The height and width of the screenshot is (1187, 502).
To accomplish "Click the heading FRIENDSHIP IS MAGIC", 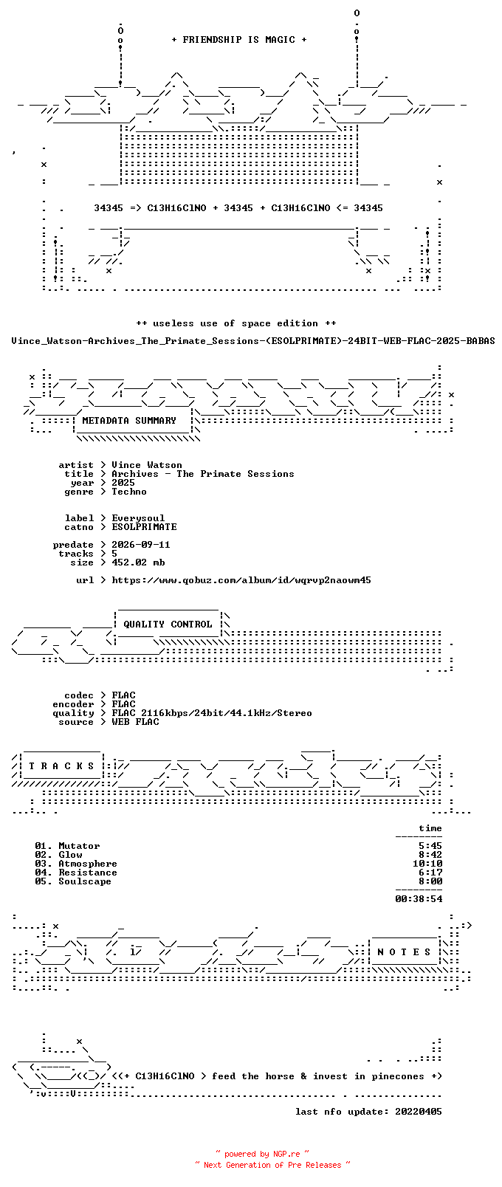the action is [x=239, y=40].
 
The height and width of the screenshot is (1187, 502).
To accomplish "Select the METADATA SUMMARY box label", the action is [x=128, y=421].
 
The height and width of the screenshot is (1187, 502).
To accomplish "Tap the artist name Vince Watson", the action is [x=147, y=465].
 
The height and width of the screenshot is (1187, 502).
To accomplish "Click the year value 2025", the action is [x=123, y=483].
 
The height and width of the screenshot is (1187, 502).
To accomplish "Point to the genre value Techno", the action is [x=128, y=492].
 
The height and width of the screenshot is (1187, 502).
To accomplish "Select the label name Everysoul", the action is [x=138, y=518].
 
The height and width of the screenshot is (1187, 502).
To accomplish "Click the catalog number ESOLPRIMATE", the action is [x=144, y=527].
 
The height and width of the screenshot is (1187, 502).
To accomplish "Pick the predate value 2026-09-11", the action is [x=140, y=545].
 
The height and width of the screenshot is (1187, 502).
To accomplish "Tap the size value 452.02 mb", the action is [x=138, y=562].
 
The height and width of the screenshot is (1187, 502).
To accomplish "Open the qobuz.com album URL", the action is [x=241, y=580].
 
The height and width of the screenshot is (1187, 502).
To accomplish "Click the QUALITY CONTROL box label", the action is [x=168, y=625].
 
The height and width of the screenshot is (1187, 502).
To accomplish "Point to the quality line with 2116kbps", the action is [x=212, y=713].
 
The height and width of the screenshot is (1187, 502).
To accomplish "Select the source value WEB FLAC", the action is [x=135, y=722].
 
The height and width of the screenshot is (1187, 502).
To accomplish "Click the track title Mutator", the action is [x=79, y=846].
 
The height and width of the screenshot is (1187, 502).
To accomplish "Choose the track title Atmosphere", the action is [x=87, y=864].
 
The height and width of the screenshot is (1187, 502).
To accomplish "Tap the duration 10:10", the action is [x=427, y=864].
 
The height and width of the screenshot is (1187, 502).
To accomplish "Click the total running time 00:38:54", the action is [x=419, y=899].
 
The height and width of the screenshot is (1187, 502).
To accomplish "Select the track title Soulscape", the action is [x=85, y=882].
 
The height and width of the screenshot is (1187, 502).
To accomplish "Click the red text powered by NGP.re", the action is [x=262, y=1154].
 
